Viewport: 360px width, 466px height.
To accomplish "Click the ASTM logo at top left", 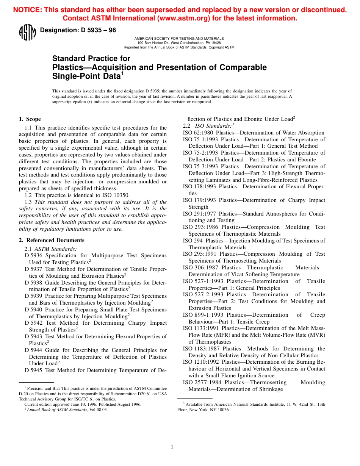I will [27, 32].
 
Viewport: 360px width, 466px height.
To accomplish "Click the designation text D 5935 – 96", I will [78, 30].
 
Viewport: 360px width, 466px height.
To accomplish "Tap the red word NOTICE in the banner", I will [27, 10].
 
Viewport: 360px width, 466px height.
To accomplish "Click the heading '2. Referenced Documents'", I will [52, 240].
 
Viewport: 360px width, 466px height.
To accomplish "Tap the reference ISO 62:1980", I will [199, 133].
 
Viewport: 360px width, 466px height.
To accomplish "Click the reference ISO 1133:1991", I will [201, 328].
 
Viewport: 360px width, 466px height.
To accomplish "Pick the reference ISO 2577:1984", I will [201, 382].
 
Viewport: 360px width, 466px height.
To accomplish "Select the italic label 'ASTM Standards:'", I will [55, 249].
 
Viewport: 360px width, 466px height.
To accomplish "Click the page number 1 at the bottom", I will [172, 447].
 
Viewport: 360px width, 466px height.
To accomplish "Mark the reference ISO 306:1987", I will [201, 267].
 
